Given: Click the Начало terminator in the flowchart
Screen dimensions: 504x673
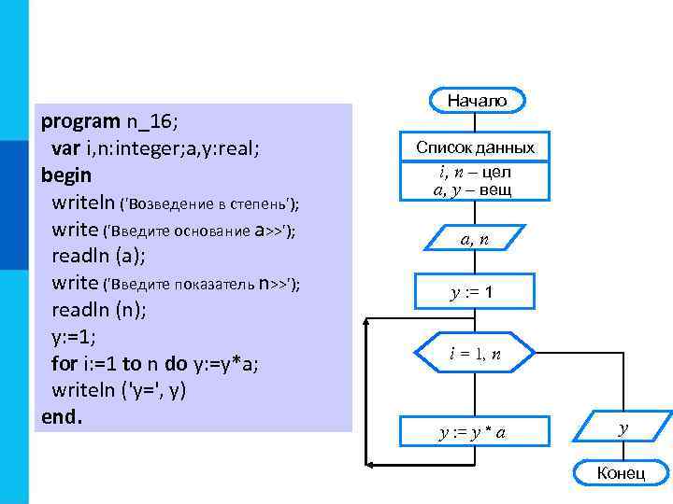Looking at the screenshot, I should click(477, 100).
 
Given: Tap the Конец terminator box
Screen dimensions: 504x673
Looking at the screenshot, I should click(621, 473).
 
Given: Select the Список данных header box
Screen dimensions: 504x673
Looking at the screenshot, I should click(476, 147).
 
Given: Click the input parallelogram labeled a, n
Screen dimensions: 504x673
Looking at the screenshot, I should click(476, 240).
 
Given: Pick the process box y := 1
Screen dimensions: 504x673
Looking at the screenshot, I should click(476, 292).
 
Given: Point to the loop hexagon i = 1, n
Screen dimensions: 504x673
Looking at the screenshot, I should click(476, 354).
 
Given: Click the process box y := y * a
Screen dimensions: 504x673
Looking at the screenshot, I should click(476, 431).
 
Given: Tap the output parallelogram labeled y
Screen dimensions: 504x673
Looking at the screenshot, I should click(623, 428).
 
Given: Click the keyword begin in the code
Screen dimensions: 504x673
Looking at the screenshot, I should click(66, 175).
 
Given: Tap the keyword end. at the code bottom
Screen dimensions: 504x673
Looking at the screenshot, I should click(63, 416).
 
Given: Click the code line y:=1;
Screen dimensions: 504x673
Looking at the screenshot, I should click(74, 336).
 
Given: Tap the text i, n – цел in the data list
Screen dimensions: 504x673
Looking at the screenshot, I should click(475, 173).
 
